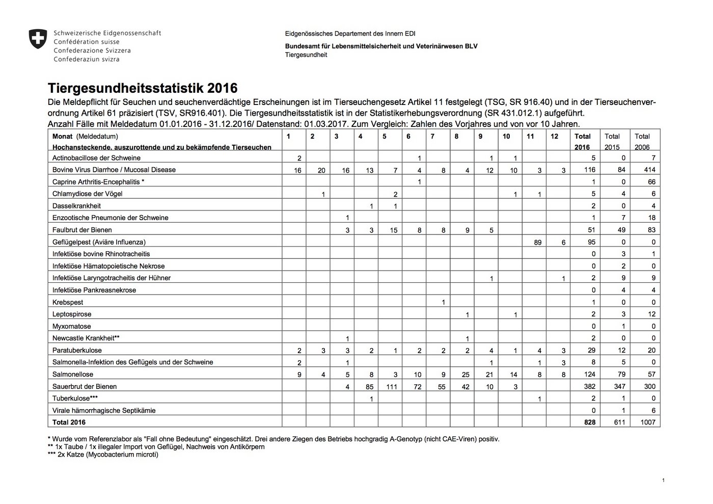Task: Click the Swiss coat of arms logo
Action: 38,39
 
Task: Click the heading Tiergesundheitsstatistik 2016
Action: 142,88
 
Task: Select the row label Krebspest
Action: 68,302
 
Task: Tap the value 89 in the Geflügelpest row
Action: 537,243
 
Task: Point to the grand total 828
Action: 590,422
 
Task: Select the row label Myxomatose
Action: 72,326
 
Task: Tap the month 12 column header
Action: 555,137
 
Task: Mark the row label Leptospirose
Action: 72,314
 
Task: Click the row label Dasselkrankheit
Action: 76,206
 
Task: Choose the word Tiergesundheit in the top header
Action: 306,55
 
